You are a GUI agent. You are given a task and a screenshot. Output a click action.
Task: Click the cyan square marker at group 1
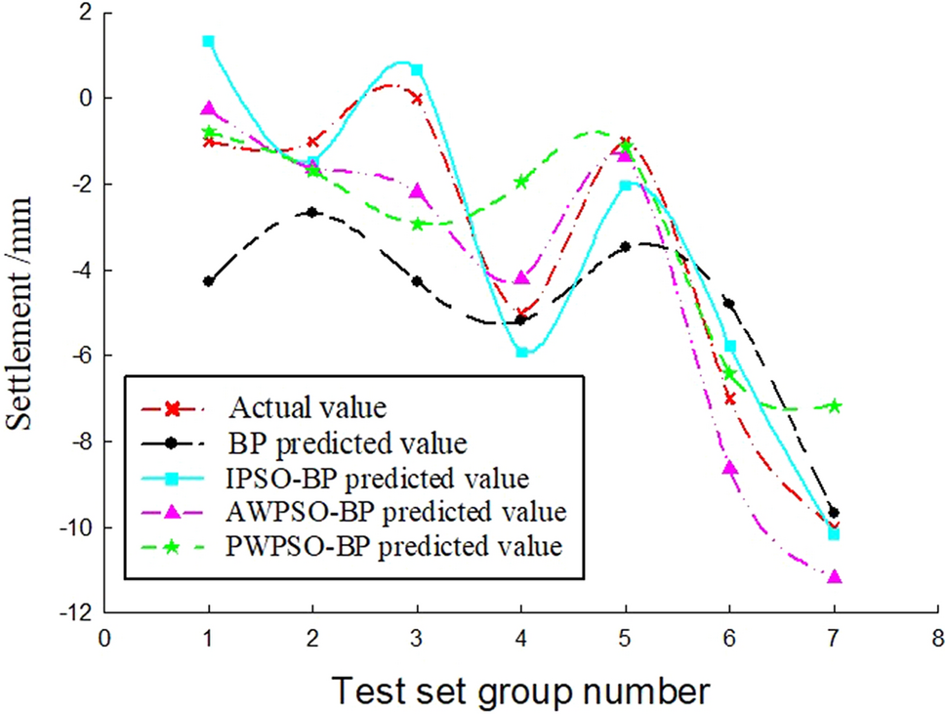pos(208,41)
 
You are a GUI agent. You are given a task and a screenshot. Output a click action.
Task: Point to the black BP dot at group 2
pos(312,212)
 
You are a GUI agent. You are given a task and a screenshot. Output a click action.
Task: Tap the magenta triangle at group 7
pos(834,577)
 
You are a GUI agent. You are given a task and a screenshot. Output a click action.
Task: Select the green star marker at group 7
pos(834,405)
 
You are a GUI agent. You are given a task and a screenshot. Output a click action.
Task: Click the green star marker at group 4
pos(521,181)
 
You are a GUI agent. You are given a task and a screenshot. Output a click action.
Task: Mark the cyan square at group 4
pos(521,352)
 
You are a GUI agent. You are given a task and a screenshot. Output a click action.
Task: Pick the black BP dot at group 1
pos(208,281)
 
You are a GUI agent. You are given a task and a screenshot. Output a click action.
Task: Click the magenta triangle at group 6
pos(729,468)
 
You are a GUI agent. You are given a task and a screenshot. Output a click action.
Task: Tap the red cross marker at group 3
pos(417,98)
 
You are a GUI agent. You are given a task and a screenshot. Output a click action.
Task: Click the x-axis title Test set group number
pos(521,690)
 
